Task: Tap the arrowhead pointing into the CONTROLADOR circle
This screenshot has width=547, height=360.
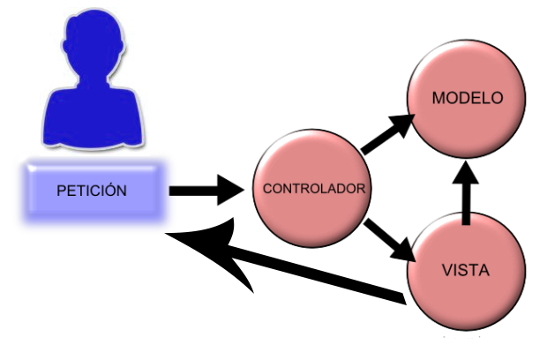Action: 231,189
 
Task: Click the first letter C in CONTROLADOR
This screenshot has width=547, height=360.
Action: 267,189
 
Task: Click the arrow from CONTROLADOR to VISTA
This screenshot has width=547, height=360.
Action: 389,239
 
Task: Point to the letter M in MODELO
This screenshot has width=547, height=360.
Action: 438,98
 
